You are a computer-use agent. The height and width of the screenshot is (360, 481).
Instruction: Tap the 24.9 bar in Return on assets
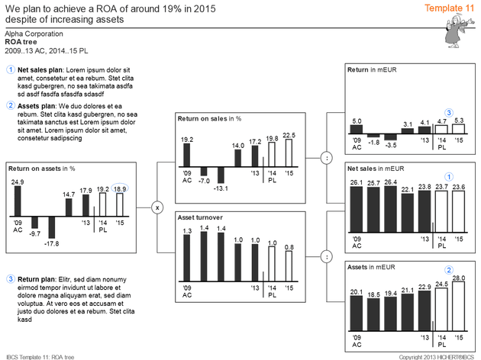click(17, 202)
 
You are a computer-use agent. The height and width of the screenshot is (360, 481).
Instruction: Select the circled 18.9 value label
click(120, 188)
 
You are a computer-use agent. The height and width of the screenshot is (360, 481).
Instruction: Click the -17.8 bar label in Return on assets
click(52, 243)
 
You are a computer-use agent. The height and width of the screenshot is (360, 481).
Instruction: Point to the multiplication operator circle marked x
click(157, 207)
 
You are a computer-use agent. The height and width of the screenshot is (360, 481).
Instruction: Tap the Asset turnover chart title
click(199, 217)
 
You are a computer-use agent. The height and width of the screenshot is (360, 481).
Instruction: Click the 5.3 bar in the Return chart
click(458, 129)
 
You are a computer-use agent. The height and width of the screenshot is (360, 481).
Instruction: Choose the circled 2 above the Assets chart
click(449, 269)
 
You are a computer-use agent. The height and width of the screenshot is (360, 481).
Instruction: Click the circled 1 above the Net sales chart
click(449, 176)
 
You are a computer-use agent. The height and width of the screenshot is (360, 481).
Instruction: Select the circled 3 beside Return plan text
click(10, 279)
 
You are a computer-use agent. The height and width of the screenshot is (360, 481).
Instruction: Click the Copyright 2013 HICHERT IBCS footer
click(436, 356)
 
